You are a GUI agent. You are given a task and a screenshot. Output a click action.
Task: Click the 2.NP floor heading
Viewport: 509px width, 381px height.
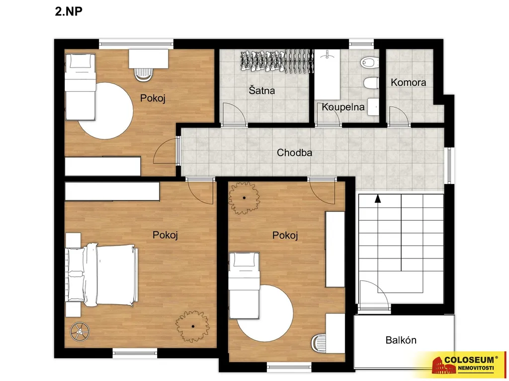click(69, 11)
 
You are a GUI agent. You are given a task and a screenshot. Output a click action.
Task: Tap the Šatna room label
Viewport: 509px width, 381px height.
click(261, 90)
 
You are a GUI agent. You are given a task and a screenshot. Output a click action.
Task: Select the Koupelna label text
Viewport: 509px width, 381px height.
click(343, 107)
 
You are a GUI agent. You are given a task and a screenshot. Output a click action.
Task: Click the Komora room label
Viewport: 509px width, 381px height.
click(409, 82)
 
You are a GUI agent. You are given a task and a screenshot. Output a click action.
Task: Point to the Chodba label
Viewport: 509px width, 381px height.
click(294, 153)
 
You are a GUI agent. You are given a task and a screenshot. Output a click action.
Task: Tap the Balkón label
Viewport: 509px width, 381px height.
click(401, 340)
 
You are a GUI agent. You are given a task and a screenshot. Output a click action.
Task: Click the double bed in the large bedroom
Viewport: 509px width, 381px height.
click(101, 275)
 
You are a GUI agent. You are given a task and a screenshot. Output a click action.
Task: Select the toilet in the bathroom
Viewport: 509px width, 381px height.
click(370, 62)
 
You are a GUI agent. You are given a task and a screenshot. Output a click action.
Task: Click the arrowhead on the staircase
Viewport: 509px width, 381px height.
click(378, 198)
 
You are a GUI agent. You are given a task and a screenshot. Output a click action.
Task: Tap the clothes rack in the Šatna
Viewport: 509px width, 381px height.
click(276, 61)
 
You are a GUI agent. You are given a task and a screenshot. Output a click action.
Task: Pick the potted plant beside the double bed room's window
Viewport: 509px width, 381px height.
click(192, 326)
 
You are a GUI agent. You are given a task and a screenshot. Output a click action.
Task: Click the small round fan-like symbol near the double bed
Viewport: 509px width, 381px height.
click(80, 331)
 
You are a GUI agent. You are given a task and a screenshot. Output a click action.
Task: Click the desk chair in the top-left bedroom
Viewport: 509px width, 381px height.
click(143, 74)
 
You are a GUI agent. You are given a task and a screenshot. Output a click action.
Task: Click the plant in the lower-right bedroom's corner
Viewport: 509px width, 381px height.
click(244, 197)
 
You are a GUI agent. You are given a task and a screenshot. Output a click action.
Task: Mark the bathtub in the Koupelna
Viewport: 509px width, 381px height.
click(327, 74)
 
